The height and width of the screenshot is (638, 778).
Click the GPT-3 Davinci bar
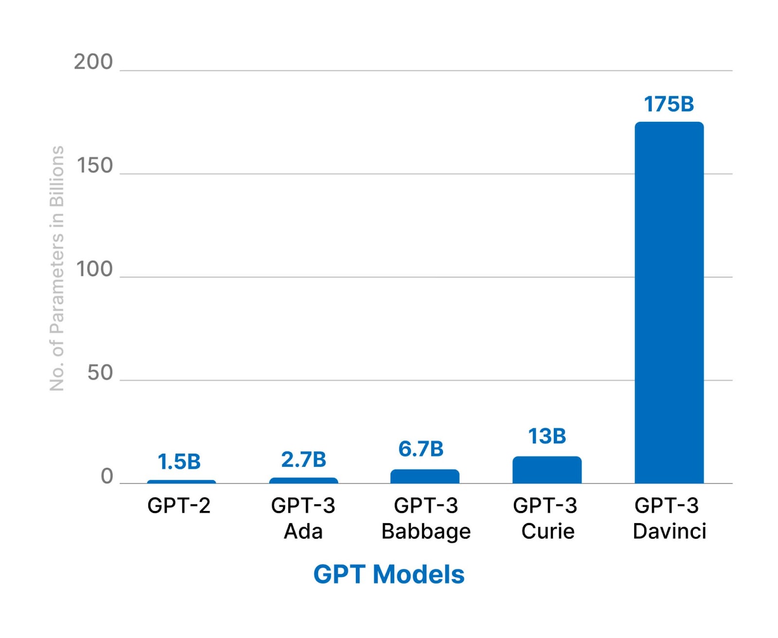tap(669, 302)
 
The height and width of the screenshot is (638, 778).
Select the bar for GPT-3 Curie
tap(547, 470)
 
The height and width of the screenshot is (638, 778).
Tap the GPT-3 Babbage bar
tap(424, 476)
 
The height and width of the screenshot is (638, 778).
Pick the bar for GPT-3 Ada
tap(303, 481)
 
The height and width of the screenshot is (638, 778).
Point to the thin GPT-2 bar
tap(181, 482)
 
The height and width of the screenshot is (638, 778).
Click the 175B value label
tap(669, 104)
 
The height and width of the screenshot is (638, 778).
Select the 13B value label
tap(547, 436)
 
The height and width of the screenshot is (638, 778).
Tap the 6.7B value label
tap(421, 449)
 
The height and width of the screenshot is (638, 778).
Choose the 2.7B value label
tap(303, 459)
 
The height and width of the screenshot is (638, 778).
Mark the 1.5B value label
tap(179, 461)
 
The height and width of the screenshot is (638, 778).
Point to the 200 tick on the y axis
tap(93, 62)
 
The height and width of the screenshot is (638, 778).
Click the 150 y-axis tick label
tap(95, 166)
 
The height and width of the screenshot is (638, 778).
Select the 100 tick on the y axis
tap(95, 269)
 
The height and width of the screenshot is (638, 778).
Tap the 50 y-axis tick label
tap(100, 373)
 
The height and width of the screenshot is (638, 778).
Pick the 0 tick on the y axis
tap(107, 476)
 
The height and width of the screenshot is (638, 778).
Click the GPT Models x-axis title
tap(389, 574)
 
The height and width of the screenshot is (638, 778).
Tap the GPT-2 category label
tap(179, 506)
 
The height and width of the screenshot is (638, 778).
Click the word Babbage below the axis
tap(426, 531)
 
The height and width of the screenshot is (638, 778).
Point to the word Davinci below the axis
tap(669, 531)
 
